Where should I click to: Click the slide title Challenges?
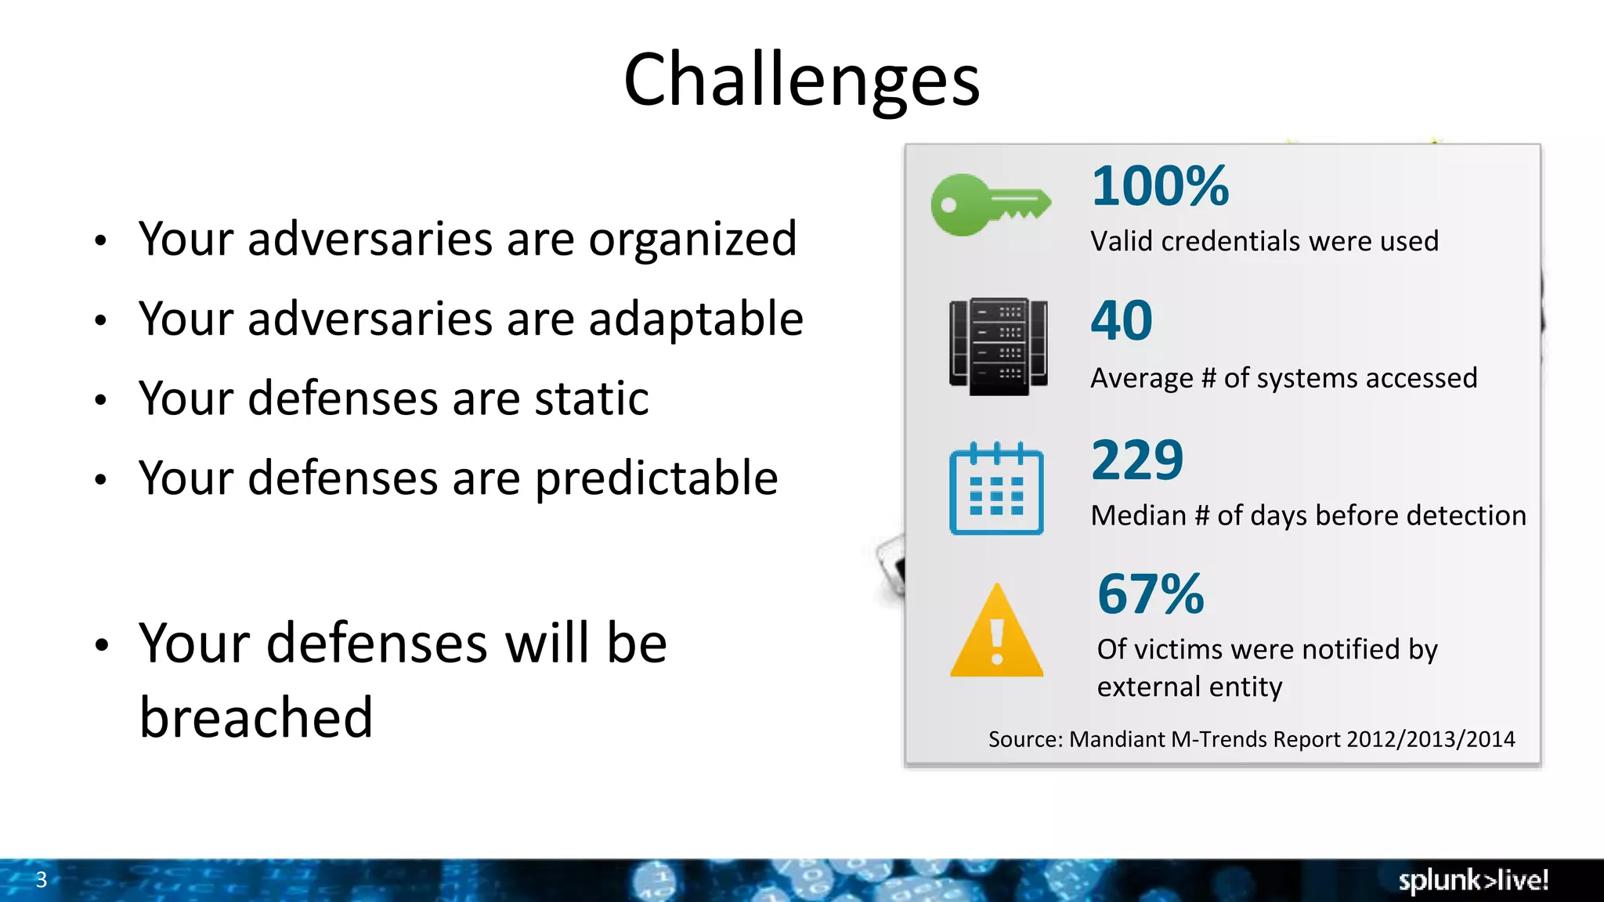pyautogui.click(x=801, y=80)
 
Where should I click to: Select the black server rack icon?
pyautogui.click(x=998, y=346)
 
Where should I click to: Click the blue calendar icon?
pyautogui.click(x=996, y=489)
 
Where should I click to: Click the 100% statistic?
pyautogui.click(x=1160, y=187)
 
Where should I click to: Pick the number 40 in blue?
pyautogui.click(x=1122, y=321)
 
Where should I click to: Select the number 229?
pyautogui.click(x=1137, y=460)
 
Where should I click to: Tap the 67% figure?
pyautogui.click(x=1151, y=595)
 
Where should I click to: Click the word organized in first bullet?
pyautogui.click(x=692, y=240)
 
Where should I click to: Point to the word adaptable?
pyautogui.click(x=695, y=319)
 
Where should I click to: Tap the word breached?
pyautogui.click(x=256, y=717)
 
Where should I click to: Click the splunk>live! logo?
pyautogui.click(x=1472, y=881)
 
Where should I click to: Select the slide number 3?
pyautogui.click(x=42, y=880)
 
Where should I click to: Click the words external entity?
pyautogui.click(x=1189, y=687)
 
